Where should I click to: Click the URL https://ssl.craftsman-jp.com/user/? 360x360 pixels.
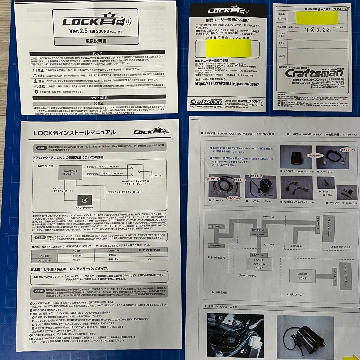pyautogui.click(x=226, y=84)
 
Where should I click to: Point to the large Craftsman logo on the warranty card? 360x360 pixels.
pyautogui.click(x=309, y=73)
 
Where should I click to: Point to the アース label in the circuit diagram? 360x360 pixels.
pyautogui.click(x=158, y=176)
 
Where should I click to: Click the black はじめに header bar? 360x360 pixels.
pyautogui.click(x=97, y=53)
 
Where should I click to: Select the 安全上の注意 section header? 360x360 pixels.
pyautogui.click(x=97, y=98)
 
